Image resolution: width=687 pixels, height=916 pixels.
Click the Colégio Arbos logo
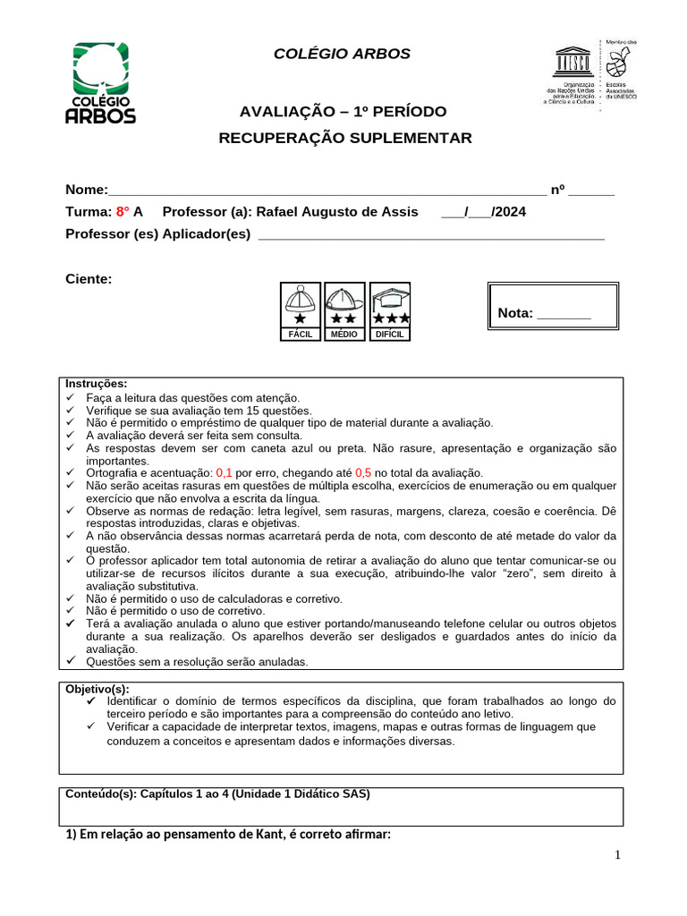click(x=101, y=83)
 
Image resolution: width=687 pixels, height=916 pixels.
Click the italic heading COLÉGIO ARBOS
click(x=342, y=54)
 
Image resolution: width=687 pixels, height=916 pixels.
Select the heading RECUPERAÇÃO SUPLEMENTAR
click(x=345, y=138)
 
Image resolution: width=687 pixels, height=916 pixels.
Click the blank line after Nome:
click(x=327, y=191)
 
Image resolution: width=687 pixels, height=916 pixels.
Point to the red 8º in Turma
click(x=123, y=212)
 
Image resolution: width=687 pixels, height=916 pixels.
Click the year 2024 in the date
click(x=509, y=212)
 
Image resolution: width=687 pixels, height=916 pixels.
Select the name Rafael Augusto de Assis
click(x=336, y=212)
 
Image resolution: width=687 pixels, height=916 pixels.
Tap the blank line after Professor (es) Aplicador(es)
click(x=429, y=234)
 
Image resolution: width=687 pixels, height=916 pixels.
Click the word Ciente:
click(x=89, y=279)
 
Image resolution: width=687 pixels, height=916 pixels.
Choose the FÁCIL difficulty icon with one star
click(x=299, y=310)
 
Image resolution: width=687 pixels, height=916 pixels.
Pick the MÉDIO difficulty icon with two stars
click(x=343, y=310)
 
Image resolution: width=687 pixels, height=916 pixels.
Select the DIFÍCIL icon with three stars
click(x=391, y=310)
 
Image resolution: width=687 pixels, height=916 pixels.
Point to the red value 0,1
click(x=224, y=472)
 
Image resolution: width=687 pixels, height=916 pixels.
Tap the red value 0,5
click(x=363, y=472)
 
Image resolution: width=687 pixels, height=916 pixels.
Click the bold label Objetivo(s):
click(x=98, y=689)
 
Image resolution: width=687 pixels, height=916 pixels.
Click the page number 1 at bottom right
click(x=616, y=856)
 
